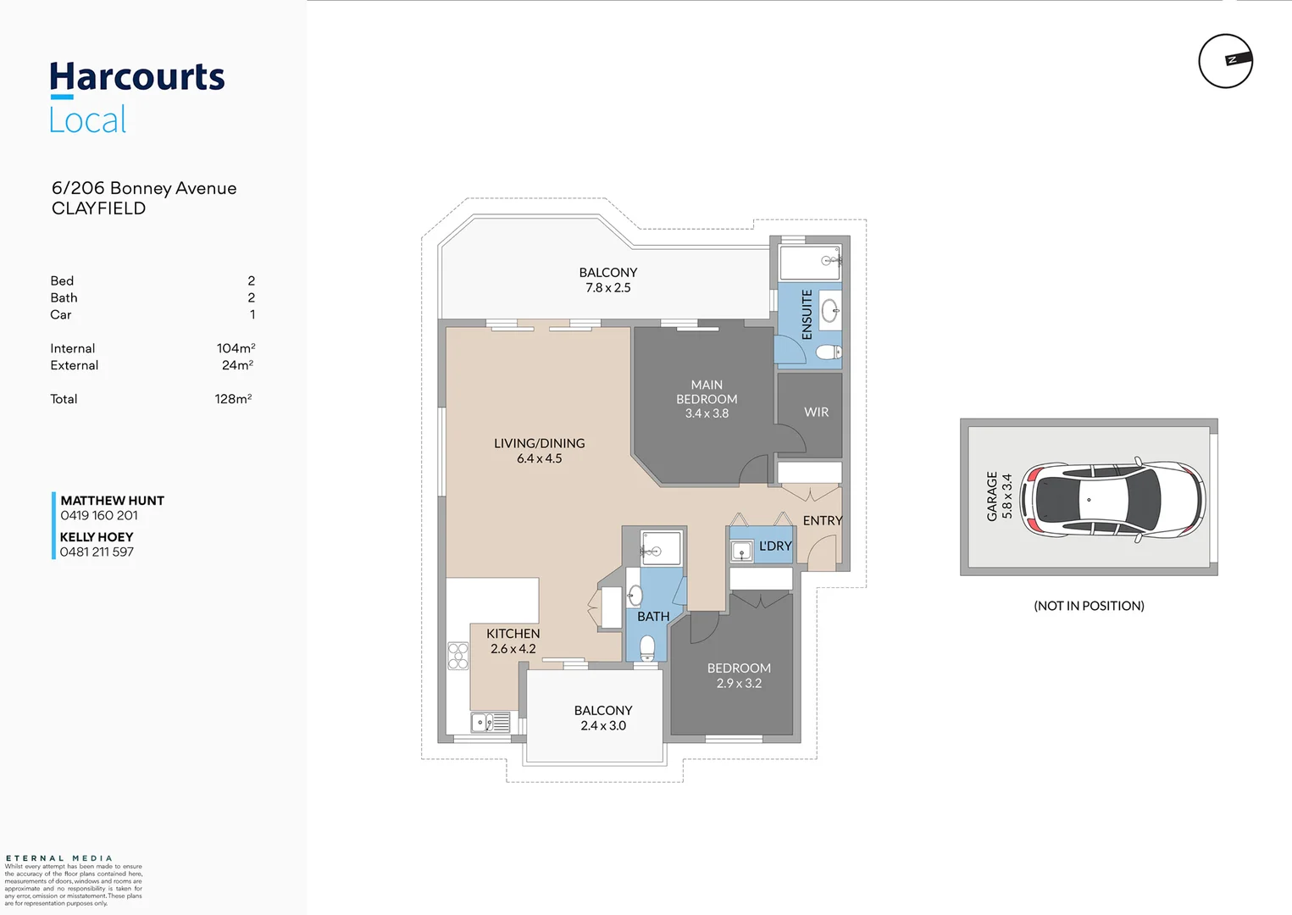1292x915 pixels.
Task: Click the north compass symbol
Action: coord(1226,61)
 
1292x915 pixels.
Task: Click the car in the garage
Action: coord(1112,500)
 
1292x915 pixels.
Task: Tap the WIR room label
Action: coord(816,412)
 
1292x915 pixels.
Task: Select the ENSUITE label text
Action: coord(807,314)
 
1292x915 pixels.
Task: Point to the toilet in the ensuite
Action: coord(829,352)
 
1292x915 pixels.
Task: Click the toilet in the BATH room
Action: coord(647,648)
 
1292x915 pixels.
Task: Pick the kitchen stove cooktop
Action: coord(458,656)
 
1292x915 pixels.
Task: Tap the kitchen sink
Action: coord(491,723)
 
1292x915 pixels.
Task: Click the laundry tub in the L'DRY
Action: coord(741,552)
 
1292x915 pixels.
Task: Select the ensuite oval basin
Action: coord(829,310)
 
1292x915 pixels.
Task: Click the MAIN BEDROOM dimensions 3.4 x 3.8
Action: coord(707,413)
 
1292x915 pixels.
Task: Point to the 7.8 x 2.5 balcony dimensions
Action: coord(608,287)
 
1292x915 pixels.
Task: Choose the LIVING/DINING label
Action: coord(540,443)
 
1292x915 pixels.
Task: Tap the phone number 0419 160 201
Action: coord(99,515)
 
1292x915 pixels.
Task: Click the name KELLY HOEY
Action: coord(97,536)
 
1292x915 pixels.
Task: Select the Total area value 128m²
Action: coord(234,399)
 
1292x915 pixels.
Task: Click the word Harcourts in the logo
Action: coord(137,77)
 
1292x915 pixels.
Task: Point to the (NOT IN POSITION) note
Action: coord(1089,605)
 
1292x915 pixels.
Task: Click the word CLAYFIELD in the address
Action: coord(98,208)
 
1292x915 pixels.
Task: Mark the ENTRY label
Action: coord(823,520)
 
